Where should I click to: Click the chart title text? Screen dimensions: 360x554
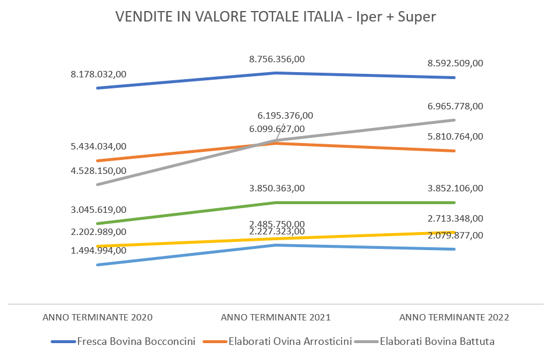point(276,17)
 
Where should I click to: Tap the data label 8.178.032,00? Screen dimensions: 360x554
point(98,74)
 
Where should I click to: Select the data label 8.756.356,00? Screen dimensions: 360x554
point(277,59)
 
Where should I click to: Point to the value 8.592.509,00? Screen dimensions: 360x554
point(455,63)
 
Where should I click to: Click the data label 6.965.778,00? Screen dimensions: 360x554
point(455,106)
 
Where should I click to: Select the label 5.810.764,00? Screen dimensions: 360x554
point(455,137)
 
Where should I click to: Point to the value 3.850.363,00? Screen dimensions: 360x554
point(277,188)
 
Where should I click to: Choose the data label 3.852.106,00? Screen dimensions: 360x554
point(455,188)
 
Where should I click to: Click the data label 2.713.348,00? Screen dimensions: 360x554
point(455,219)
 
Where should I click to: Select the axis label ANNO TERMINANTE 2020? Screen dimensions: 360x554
point(98,318)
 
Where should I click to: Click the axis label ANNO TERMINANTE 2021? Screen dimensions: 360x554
point(276,318)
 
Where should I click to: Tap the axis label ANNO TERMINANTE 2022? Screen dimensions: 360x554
point(454,318)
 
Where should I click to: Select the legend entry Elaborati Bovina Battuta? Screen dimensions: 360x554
point(437,341)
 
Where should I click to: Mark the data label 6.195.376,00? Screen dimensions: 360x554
point(285,116)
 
